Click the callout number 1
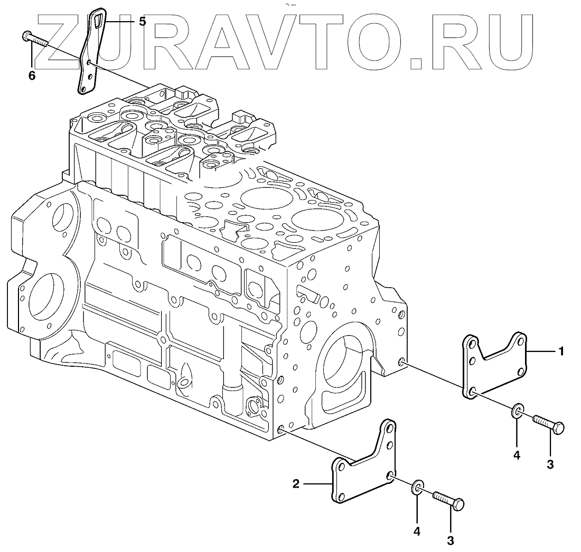tap(561, 351)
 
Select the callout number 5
tap(142, 22)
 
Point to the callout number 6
tap(32, 76)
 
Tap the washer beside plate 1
tap(518, 410)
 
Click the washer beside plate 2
tap(418, 487)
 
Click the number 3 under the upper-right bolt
tap(550, 464)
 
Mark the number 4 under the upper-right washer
tap(517, 455)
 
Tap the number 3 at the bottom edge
tap(451, 540)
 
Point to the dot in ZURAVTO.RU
tap(417, 63)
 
